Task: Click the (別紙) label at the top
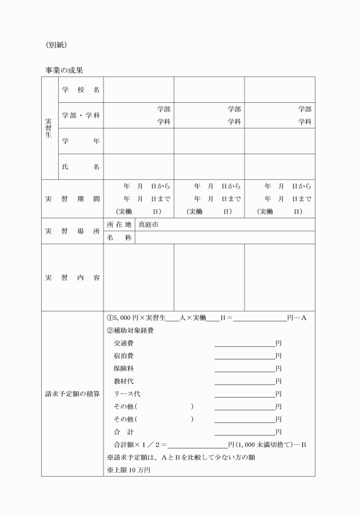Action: (57, 44)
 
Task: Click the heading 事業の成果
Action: (64, 71)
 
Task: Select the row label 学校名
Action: (81, 90)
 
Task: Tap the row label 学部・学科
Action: (81, 115)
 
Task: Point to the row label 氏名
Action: (81, 167)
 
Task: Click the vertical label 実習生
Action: (49, 129)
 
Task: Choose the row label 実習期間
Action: (73, 199)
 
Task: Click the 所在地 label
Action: (119, 225)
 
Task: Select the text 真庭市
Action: (149, 225)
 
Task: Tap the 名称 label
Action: (119, 237)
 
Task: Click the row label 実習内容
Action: (73, 278)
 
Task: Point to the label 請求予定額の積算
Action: (73, 394)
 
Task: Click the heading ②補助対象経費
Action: (130, 330)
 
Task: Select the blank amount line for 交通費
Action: (245, 345)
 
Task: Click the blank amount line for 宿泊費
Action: (245, 357)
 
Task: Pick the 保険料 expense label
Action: (123, 369)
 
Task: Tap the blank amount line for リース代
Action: (245, 395)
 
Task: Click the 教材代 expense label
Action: (123, 381)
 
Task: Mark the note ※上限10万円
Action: (129, 470)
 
